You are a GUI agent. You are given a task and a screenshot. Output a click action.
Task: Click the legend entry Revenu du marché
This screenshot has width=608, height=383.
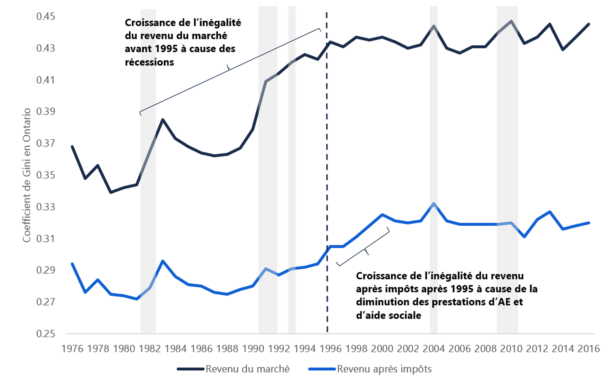click(x=247, y=369)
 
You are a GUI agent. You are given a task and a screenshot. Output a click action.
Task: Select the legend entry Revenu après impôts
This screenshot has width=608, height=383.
click(x=384, y=369)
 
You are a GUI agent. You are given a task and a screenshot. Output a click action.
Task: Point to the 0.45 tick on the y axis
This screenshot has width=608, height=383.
click(x=45, y=17)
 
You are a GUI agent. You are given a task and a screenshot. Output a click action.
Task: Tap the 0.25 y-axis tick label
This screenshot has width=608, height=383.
click(x=45, y=333)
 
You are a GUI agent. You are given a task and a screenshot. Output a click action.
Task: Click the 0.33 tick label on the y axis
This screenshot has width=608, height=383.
click(x=45, y=207)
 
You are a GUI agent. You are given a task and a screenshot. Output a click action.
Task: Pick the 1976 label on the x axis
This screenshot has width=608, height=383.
click(x=72, y=348)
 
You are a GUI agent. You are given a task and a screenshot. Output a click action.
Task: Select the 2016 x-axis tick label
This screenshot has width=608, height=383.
click(x=589, y=348)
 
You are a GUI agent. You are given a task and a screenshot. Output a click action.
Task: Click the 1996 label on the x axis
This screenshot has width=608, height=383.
click(x=330, y=348)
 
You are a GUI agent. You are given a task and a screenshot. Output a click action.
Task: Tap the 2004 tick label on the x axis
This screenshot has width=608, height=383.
click(x=434, y=348)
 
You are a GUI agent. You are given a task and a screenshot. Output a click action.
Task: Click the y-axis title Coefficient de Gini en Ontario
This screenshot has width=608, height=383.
click(x=27, y=175)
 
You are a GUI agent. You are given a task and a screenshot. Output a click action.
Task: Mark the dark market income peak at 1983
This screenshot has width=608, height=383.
click(x=163, y=119)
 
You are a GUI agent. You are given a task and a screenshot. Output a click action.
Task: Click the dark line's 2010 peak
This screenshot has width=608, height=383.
click(x=512, y=21)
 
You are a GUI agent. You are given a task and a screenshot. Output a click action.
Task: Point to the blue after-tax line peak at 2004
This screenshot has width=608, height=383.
click(x=434, y=203)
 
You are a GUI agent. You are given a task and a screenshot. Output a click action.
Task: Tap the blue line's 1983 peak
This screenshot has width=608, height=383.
click(x=163, y=261)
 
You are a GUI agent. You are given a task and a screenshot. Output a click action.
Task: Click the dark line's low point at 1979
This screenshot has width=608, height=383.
click(x=111, y=192)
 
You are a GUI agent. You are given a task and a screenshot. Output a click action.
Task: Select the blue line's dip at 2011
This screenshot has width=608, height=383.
click(x=525, y=236)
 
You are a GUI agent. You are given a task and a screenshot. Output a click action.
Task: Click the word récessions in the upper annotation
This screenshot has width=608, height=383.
click(x=149, y=63)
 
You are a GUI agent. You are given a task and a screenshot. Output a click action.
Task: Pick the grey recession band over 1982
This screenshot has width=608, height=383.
click(x=148, y=244)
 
